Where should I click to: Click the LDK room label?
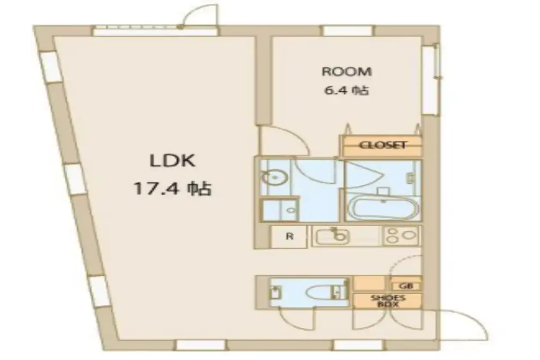click(x=172, y=161)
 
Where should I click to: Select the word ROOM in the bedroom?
click(x=347, y=72)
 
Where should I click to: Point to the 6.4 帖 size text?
click(x=347, y=91)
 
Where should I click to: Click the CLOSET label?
click(x=383, y=145)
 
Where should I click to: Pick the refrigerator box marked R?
click(x=289, y=237)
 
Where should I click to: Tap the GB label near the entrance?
click(x=406, y=286)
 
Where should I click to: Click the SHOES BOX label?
click(x=388, y=301)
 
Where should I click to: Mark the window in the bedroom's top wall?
click(x=347, y=31)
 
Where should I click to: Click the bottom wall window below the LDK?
click(x=201, y=345)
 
